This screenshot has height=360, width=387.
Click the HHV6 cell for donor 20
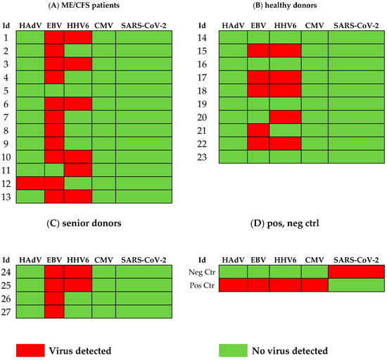286,117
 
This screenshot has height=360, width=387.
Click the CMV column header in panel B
314,26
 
